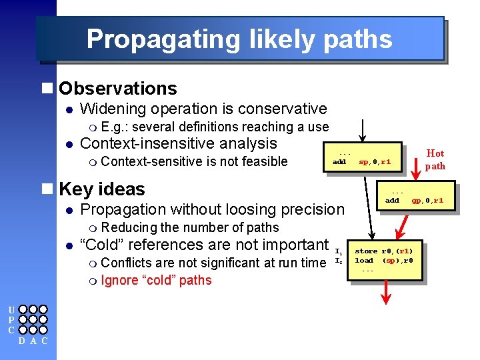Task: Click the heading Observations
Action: coord(117,89)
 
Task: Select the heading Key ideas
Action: coord(101,189)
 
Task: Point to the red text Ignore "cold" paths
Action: coord(156,281)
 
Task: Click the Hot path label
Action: coord(435,159)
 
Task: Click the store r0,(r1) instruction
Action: coord(383,251)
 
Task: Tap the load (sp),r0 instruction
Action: coord(383,261)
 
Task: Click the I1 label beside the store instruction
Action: coord(339,252)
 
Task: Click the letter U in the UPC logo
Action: coord(11,309)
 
